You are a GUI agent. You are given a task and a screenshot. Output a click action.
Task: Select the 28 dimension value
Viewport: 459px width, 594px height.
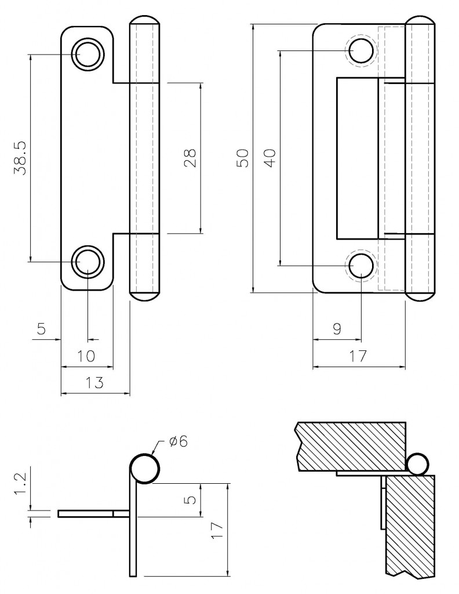pos(190,158)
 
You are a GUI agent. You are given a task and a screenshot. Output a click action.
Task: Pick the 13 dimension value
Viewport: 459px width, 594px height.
pos(94,382)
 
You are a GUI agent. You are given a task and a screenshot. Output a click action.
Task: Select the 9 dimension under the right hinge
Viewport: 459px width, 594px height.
pos(337,328)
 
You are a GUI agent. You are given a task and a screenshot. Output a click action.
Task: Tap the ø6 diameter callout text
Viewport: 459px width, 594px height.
pos(178,441)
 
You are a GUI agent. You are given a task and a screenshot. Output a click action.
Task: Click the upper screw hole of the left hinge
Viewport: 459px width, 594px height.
pos(86,55)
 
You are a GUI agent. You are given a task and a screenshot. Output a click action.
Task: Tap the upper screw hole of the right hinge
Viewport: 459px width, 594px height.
pos(360,50)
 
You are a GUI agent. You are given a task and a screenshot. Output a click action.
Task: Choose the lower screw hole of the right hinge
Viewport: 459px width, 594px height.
pos(360,266)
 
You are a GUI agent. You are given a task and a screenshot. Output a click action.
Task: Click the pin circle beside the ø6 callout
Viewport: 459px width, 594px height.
pos(144,469)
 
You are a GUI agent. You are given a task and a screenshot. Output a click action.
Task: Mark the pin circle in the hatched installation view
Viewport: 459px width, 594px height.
pos(418,464)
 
